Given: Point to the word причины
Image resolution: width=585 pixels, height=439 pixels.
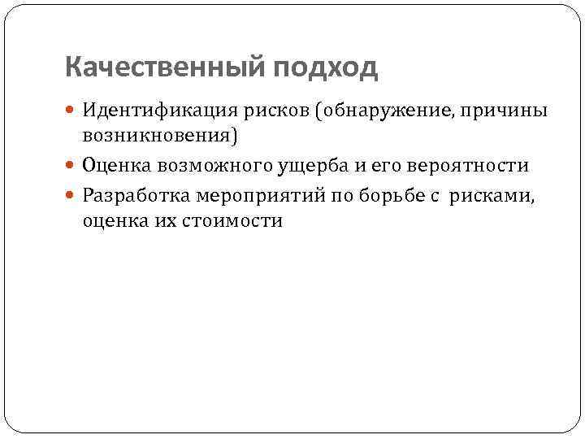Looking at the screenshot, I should (505, 110).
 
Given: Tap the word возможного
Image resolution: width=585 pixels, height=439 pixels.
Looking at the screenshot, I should (206, 166).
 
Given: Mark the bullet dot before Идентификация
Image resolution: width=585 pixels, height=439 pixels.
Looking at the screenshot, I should (73, 110).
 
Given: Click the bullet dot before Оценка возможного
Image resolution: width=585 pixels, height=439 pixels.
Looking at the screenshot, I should (73, 166).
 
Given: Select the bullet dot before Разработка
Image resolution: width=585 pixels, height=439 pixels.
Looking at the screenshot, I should (73, 198).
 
